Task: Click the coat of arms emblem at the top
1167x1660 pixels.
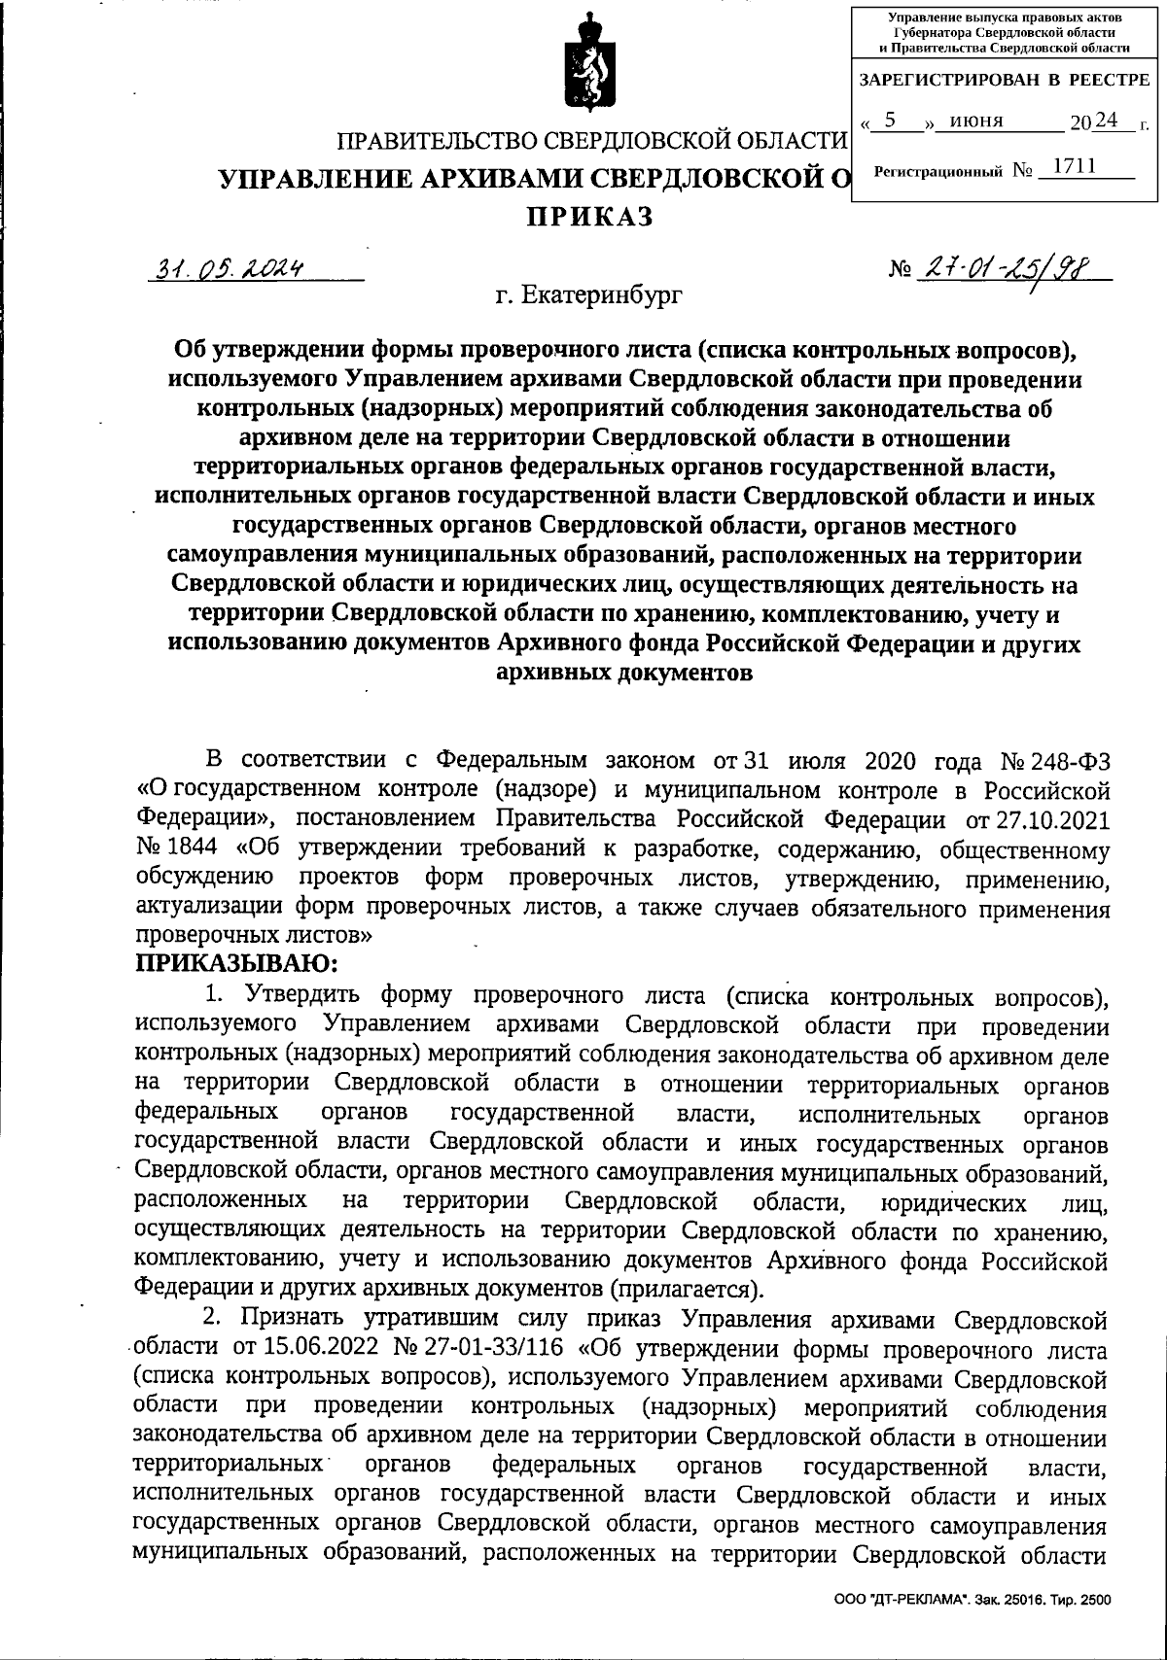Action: [584, 60]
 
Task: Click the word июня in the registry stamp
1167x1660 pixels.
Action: [976, 122]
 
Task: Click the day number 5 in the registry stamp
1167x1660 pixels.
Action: [889, 121]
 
